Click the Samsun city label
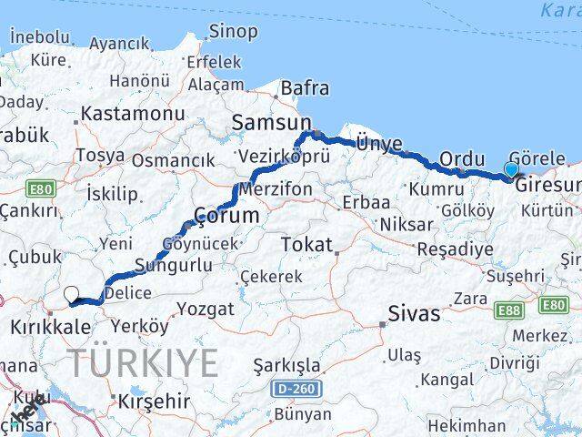tap(271, 122)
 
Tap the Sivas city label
tap(415, 314)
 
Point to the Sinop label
tap(233, 32)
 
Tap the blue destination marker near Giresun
tap(511, 168)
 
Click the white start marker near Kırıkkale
tap(72, 294)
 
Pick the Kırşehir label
tap(154, 401)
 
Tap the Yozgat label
tap(205, 310)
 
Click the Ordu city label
tap(461, 159)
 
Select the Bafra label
tap(305, 89)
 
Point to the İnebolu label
tap(39, 36)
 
